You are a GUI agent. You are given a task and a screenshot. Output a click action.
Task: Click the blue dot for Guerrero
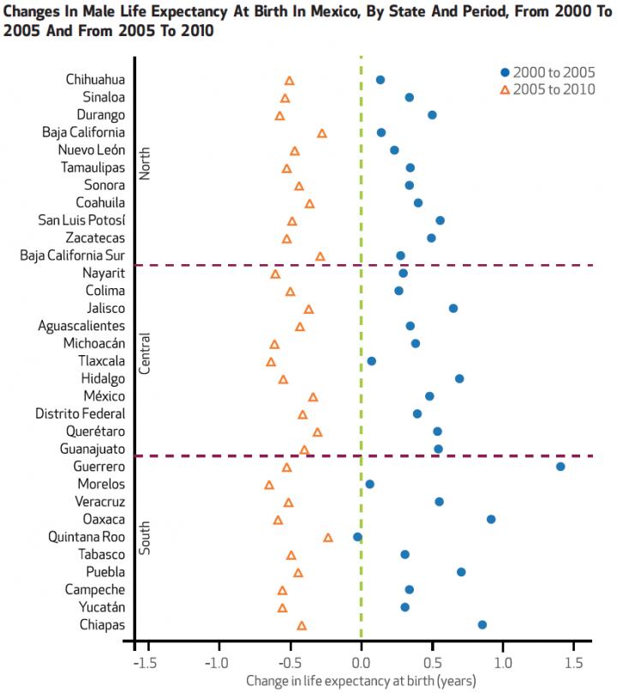(560, 467)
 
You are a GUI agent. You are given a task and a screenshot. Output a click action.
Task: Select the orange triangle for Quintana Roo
(328, 538)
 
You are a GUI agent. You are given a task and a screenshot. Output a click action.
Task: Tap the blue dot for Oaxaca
(491, 520)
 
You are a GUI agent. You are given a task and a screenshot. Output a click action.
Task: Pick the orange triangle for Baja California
(322, 134)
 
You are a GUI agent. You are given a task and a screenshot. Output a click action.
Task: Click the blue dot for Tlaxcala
(371, 361)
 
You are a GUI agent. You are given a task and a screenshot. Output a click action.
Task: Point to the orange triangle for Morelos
(269, 485)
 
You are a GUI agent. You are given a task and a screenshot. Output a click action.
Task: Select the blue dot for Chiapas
(482, 625)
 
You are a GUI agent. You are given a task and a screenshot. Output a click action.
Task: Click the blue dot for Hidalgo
(459, 378)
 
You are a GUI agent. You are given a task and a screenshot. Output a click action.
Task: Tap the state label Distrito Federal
(80, 414)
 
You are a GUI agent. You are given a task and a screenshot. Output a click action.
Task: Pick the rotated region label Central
(145, 353)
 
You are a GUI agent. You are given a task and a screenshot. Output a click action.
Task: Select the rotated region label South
(145, 537)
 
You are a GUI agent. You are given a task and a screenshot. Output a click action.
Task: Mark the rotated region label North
(145, 164)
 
